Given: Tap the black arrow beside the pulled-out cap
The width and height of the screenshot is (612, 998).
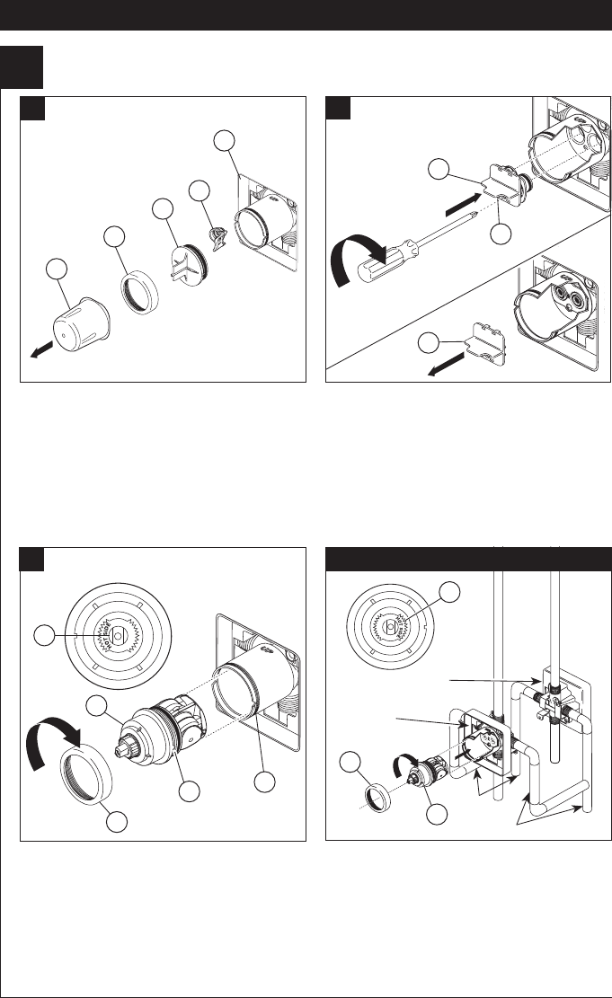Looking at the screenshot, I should click(39, 353).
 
